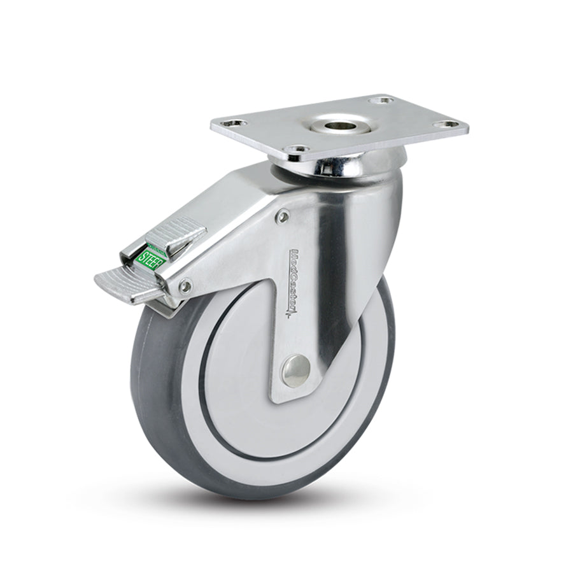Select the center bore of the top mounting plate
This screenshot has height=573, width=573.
333,125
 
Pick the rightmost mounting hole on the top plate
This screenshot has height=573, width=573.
449,124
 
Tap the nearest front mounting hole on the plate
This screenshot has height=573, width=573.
295,149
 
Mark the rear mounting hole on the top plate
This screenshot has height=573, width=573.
381,100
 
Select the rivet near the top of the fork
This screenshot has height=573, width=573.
283,218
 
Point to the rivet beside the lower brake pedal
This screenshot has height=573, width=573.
185,287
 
